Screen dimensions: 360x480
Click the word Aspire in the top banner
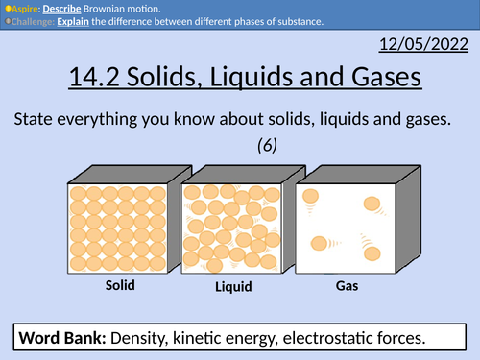pyautogui.click(x=23, y=7)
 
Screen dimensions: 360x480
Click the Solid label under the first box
pyautogui.click(x=120, y=286)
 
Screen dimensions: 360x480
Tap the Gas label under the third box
pyautogui.click(x=347, y=286)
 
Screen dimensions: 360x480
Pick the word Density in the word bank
pyautogui.click(x=143, y=338)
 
